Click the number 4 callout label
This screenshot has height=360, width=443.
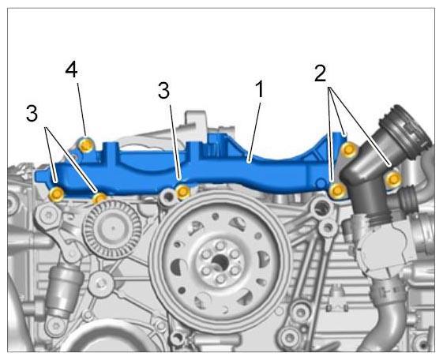point(72,70)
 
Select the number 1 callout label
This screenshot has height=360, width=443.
point(259,89)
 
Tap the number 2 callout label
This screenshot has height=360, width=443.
point(320,73)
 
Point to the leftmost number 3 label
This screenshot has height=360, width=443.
point(32,114)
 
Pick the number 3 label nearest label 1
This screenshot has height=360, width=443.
point(164,90)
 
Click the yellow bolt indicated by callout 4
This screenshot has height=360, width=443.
point(86,145)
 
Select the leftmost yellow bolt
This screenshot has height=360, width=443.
point(57,194)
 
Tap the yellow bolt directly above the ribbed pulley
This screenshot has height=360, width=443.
point(99,198)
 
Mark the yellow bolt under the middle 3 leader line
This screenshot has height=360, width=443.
point(182,192)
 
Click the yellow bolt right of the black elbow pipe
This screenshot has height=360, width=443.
point(393,179)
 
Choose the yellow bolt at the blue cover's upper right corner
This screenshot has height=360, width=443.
point(349,149)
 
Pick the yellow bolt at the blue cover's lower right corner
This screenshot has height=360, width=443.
point(337,190)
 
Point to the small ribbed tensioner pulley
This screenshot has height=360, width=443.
point(112,229)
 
